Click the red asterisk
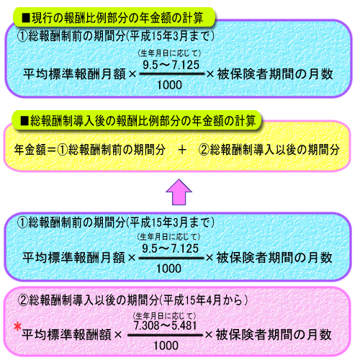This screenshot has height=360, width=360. pyautogui.click(x=17, y=327)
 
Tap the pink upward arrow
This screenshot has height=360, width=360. pyautogui.click(x=179, y=192)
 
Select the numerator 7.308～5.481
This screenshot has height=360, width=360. pyautogui.click(x=166, y=325)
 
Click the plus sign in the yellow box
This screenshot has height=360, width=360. pyautogui.click(x=182, y=150)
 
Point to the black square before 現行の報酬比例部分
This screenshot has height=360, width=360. pyautogui.click(x=26, y=18)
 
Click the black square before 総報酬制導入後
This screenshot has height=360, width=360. pyautogui.click(x=24, y=121)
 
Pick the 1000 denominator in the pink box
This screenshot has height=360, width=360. pyautogui.click(x=166, y=346)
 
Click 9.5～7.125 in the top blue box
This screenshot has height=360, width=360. pyautogui.click(x=171, y=65)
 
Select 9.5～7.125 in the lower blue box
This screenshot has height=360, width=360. pyautogui.click(x=170, y=248)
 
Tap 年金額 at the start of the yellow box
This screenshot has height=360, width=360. pyautogui.click(x=30, y=150)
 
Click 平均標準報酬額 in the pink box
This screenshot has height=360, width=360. pyautogui.click(x=66, y=334)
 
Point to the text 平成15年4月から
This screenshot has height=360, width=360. pyautogui.click(x=204, y=300)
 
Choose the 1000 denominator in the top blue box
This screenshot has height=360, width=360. pyautogui.click(x=169, y=85)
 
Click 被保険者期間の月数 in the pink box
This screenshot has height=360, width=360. pyautogui.click(x=274, y=334)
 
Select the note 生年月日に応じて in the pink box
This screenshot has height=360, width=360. pyautogui.click(x=165, y=315)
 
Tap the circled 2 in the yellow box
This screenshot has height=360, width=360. pyautogui.click(x=204, y=150)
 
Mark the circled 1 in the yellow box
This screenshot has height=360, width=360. pyautogui.click(x=63, y=150)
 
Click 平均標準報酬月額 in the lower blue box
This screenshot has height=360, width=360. pyautogui.click(x=73, y=258)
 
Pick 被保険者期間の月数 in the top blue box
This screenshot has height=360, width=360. pyautogui.click(x=275, y=74)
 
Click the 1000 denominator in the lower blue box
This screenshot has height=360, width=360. pyautogui.click(x=168, y=269)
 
